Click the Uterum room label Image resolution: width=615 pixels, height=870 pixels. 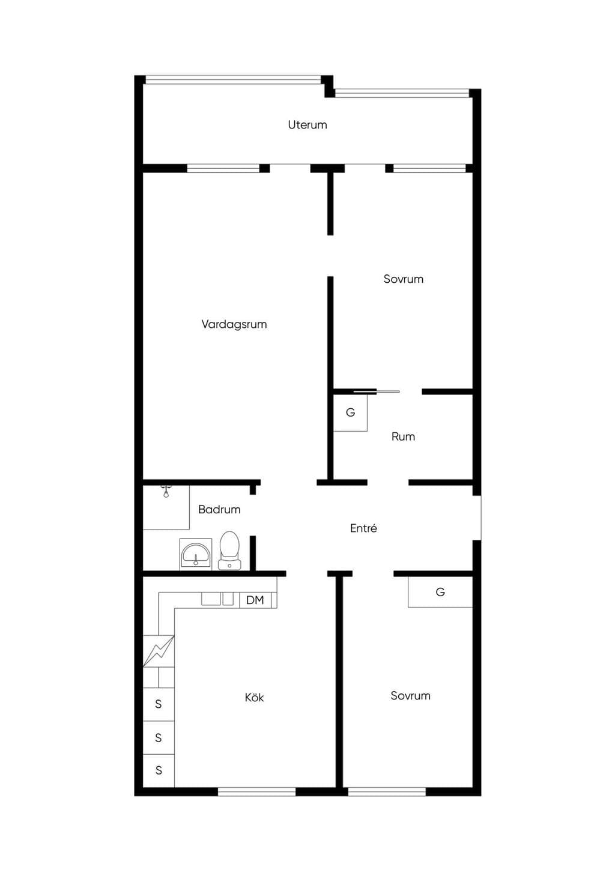coord(307,125)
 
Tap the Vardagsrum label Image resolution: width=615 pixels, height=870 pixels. coord(234,324)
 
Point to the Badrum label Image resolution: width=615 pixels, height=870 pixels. coord(219,509)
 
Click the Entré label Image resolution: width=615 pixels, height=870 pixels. coord(363,528)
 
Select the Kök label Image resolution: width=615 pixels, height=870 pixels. coord(254,697)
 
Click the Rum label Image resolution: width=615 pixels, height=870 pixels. coord(403,437)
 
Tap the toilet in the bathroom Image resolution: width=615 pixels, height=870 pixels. coord(229,551)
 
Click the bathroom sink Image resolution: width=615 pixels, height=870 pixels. coord(196,554)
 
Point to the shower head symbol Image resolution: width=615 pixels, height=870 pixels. coord(166,491)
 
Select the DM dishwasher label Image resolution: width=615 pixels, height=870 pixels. coord(255,600)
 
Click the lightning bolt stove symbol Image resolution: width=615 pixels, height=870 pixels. coord(159,651)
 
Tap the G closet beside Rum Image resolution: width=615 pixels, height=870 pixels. coord(350,412)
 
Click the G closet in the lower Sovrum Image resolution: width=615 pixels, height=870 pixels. coord(440,592)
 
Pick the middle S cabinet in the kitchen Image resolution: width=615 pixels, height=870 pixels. coord(159,737)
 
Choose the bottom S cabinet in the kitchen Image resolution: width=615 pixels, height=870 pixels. coord(159,770)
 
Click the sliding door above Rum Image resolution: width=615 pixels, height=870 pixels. coord(376,391)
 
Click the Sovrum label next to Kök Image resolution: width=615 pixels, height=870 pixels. coord(411,695)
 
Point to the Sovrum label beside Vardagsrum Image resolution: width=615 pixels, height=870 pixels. coord(403,279)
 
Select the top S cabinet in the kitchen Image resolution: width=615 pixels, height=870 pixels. coord(159,704)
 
